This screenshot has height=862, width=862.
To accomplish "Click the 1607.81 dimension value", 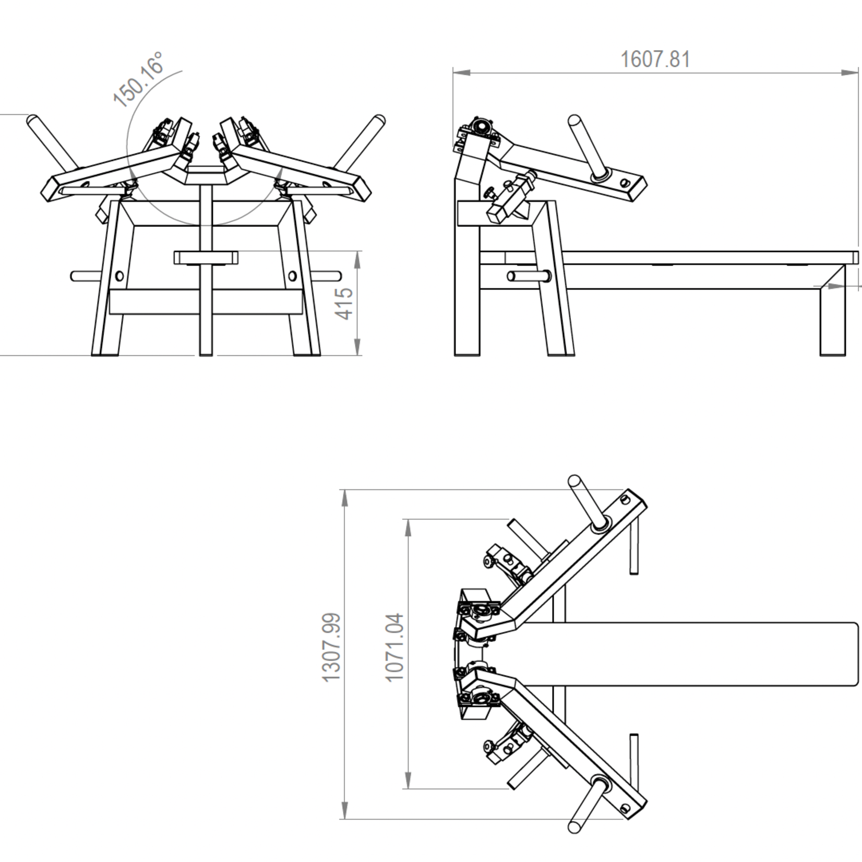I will (655, 59).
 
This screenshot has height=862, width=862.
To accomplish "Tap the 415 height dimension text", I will (344, 303).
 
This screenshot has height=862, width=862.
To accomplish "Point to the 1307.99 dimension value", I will (331, 647).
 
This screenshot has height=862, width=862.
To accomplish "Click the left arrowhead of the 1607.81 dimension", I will (461, 73).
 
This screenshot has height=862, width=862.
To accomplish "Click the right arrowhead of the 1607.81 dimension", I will (851, 73).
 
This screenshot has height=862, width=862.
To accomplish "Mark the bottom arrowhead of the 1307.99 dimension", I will (344, 811).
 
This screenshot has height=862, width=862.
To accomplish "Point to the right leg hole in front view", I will (292, 276).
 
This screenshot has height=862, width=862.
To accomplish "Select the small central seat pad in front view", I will (206, 258).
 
